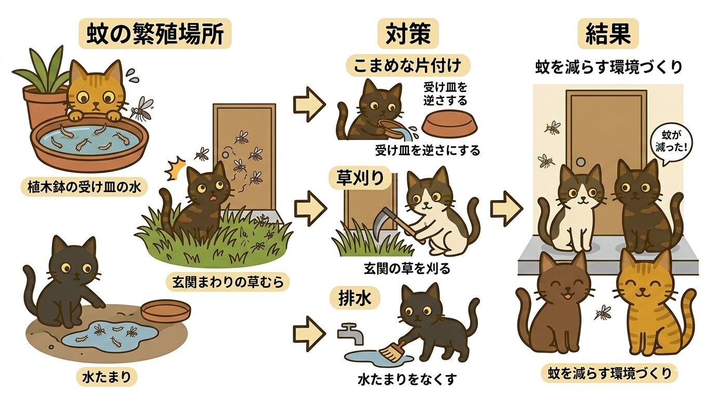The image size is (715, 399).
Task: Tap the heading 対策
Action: click(407, 35)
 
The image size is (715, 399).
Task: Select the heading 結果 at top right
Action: click(607, 35)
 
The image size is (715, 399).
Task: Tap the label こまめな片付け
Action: click(408, 66)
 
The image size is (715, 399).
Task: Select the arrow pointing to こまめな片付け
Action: click(309, 104)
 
